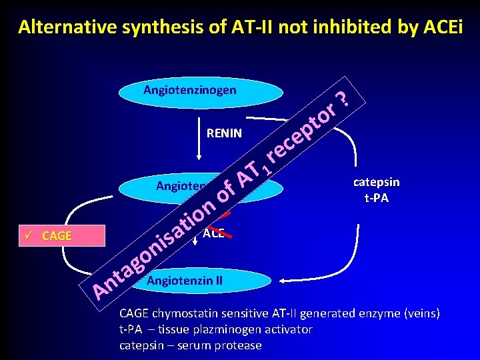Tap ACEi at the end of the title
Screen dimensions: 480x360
pyautogui.click(x=437, y=27)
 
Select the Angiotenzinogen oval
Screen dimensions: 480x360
pyautogui.click(x=189, y=91)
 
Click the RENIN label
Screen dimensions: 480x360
pyautogui.click(x=225, y=133)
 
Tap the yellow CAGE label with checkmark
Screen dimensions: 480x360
pyautogui.click(x=57, y=235)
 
